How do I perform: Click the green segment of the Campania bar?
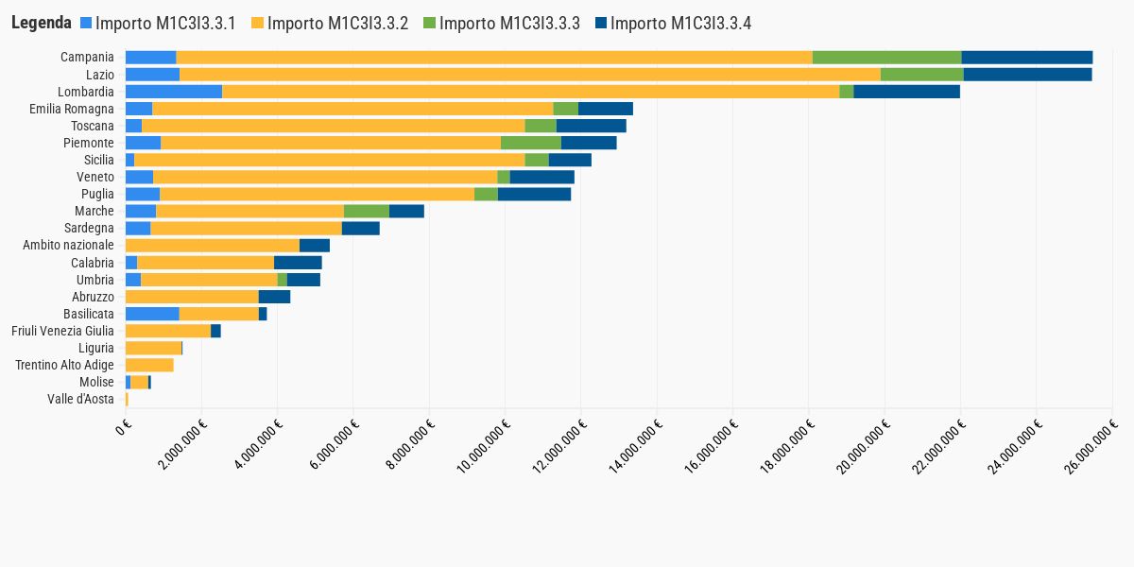[x=886, y=58]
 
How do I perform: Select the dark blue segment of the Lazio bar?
[x=1027, y=75]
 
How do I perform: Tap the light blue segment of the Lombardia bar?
[x=174, y=92]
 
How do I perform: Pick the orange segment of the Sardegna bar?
[x=246, y=228]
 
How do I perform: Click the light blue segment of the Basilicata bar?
[x=152, y=314]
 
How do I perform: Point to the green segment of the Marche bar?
[x=367, y=211]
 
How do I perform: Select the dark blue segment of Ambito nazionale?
[x=315, y=245]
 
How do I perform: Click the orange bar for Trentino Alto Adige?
[x=149, y=365]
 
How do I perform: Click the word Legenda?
[x=42, y=24]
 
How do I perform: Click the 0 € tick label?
[x=124, y=428]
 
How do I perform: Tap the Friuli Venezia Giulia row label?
[x=62, y=331]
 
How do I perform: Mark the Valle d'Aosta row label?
[x=80, y=399]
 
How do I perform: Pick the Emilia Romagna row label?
[x=71, y=109]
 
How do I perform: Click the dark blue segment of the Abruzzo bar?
[x=274, y=297]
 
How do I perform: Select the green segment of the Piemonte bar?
[x=530, y=143]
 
